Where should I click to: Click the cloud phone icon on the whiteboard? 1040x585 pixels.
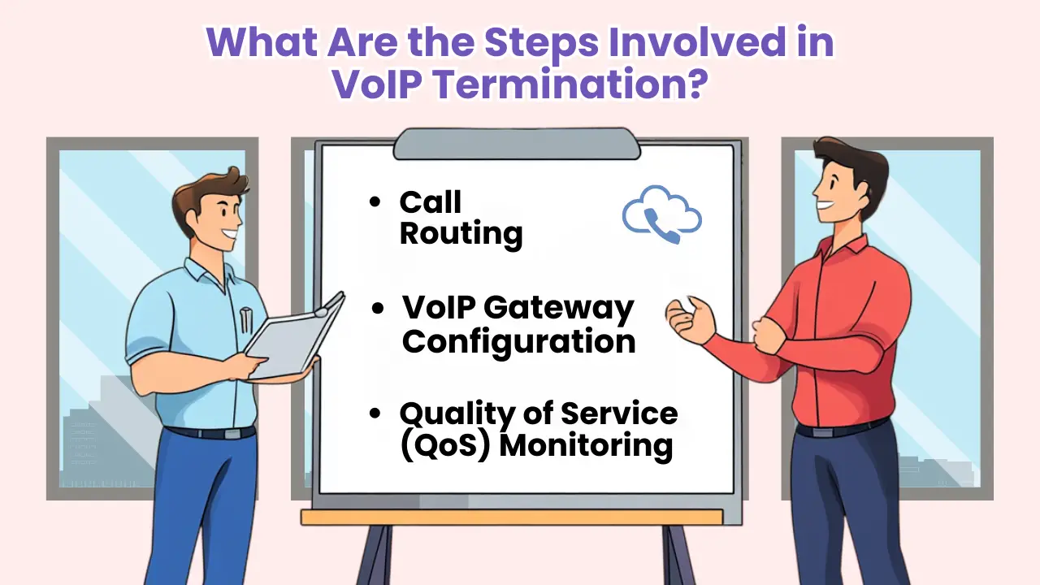(661, 214)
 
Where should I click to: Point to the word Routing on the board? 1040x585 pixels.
(461, 234)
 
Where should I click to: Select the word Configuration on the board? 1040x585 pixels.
(518, 341)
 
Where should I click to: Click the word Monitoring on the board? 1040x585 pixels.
(585, 447)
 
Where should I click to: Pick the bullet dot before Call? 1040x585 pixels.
(375, 202)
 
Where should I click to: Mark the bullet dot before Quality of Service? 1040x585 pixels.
(375, 414)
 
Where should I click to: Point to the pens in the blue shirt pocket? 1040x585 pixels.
(245, 318)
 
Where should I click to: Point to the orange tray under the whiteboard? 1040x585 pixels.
(512, 517)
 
